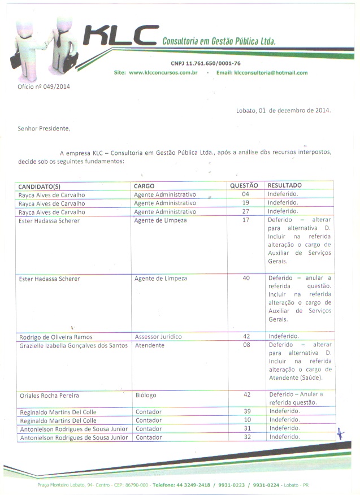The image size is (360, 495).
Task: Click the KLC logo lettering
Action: (x=120, y=37)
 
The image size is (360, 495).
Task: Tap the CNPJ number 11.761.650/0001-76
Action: (x=205, y=63)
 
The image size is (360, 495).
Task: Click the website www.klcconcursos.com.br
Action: (x=163, y=73)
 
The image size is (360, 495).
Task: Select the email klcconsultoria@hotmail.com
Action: (x=271, y=73)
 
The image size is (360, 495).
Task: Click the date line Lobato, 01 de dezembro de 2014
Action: (x=283, y=111)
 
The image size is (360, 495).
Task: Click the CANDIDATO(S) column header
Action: (x=40, y=186)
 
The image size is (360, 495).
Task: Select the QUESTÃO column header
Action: (x=244, y=185)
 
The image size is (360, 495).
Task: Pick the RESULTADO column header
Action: (x=285, y=185)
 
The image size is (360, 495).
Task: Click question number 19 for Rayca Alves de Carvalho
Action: (x=245, y=203)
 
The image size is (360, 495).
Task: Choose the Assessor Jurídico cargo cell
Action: (x=158, y=337)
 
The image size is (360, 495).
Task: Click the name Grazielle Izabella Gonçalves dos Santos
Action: (x=73, y=345)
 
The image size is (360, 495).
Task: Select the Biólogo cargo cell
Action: (x=146, y=395)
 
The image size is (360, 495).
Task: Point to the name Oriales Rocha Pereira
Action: (x=49, y=396)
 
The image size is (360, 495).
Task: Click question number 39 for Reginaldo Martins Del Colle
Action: (x=246, y=411)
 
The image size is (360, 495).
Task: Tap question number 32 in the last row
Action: (x=246, y=437)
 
